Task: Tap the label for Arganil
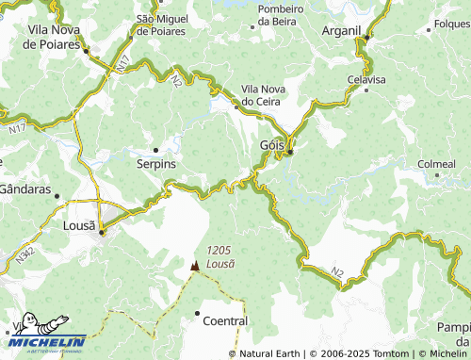[340, 30]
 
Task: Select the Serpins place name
[155, 163]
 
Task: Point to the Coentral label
[225, 320]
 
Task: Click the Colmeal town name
[436, 164]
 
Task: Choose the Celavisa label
[366, 79]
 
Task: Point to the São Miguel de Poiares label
[171, 24]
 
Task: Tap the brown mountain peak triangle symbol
[195, 266]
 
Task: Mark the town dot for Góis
[291, 152]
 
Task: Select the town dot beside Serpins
[155, 148]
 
